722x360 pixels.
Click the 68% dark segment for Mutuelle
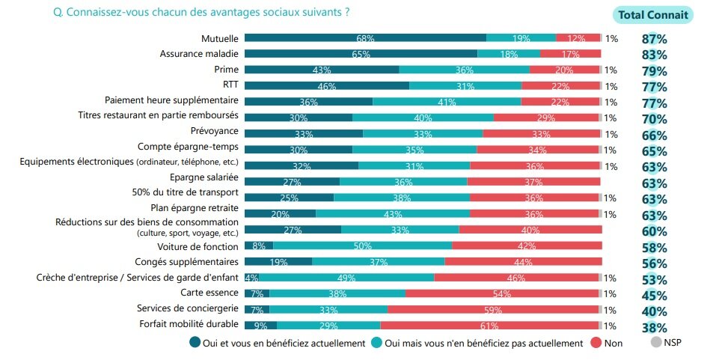tap(365, 37)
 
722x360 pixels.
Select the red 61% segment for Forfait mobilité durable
tap(489, 325)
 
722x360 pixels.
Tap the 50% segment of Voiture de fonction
tap(362, 245)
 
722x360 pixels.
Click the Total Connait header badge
tap(652, 14)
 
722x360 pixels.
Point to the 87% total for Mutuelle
tap(654, 39)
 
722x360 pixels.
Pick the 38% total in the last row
tap(654, 327)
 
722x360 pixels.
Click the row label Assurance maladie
tap(199, 54)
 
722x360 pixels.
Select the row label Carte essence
tap(209, 293)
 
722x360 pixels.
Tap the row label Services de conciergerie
tap(188, 308)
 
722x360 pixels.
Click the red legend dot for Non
tap(597, 343)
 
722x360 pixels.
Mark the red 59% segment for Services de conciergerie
tap(493, 309)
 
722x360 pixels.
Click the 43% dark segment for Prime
tap(322, 70)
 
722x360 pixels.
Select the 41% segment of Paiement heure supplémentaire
tap(447, 102)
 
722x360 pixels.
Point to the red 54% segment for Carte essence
tap(502, 293)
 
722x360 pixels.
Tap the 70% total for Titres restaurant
tap(654, 119)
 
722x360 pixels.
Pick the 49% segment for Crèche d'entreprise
tap(346, 278)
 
